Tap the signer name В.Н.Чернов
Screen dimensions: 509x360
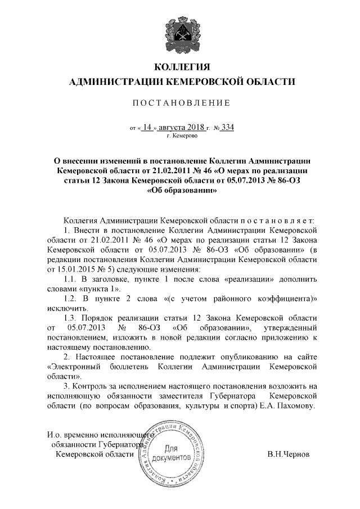[289, 454]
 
